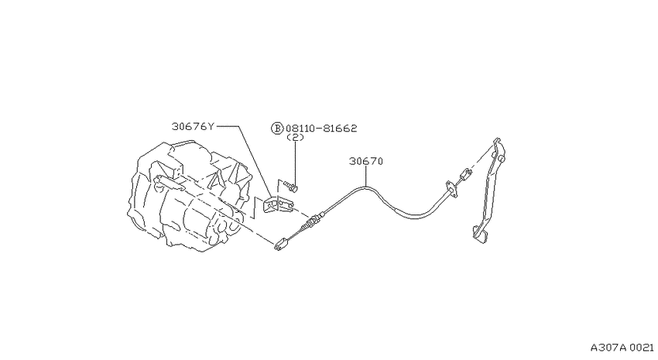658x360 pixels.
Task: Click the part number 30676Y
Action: click(193, 126)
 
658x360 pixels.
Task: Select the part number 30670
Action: click(366, 161)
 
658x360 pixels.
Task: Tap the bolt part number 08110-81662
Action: click(321, 128)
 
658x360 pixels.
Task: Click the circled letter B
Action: click(277, 128)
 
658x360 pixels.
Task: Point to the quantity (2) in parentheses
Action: click(295, 137)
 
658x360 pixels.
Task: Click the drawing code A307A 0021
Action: click(622, 348)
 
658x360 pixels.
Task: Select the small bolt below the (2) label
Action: click(290, 185)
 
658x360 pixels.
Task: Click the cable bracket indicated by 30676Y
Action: click(278, 206)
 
